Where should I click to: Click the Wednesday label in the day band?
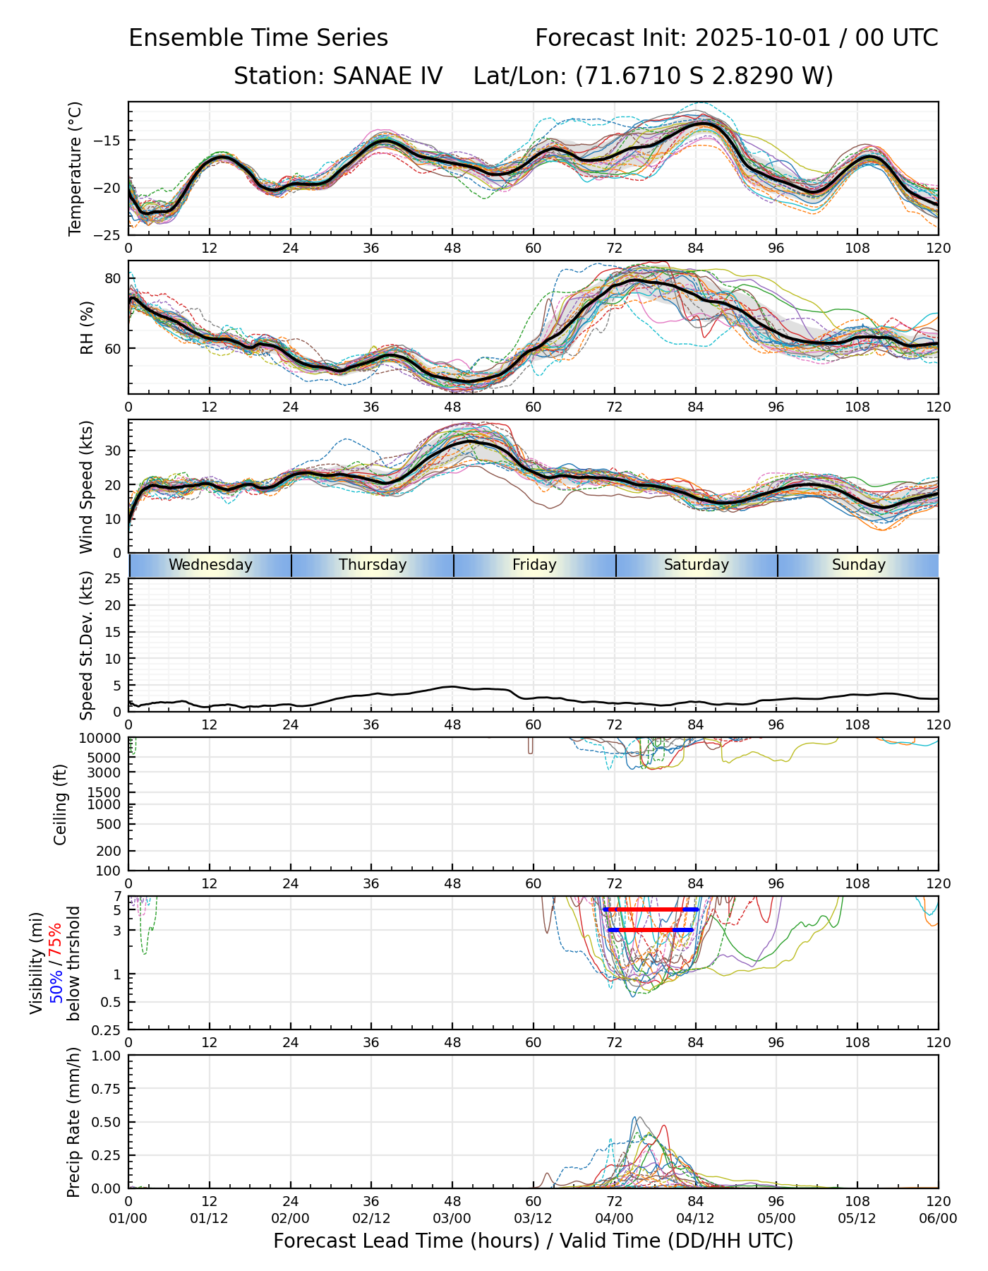tap(210, 565)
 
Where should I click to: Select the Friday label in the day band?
tap(534, 565)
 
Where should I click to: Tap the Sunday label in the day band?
tap(858, 565)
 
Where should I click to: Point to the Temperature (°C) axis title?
tap(76, 168)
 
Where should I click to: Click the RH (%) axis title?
tap(87, 327)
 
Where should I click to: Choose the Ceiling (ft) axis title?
tap(61, 804)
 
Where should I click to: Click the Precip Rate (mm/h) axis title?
tap(74, 1121)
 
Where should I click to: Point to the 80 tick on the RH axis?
tap(113, 278)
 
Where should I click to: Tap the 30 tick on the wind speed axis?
tap(113, 450)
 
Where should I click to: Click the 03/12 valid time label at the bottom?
tap(533, 1219)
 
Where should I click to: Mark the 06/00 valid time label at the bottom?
tap(938, 1219)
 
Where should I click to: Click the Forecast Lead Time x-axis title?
tap(533, 1241)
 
